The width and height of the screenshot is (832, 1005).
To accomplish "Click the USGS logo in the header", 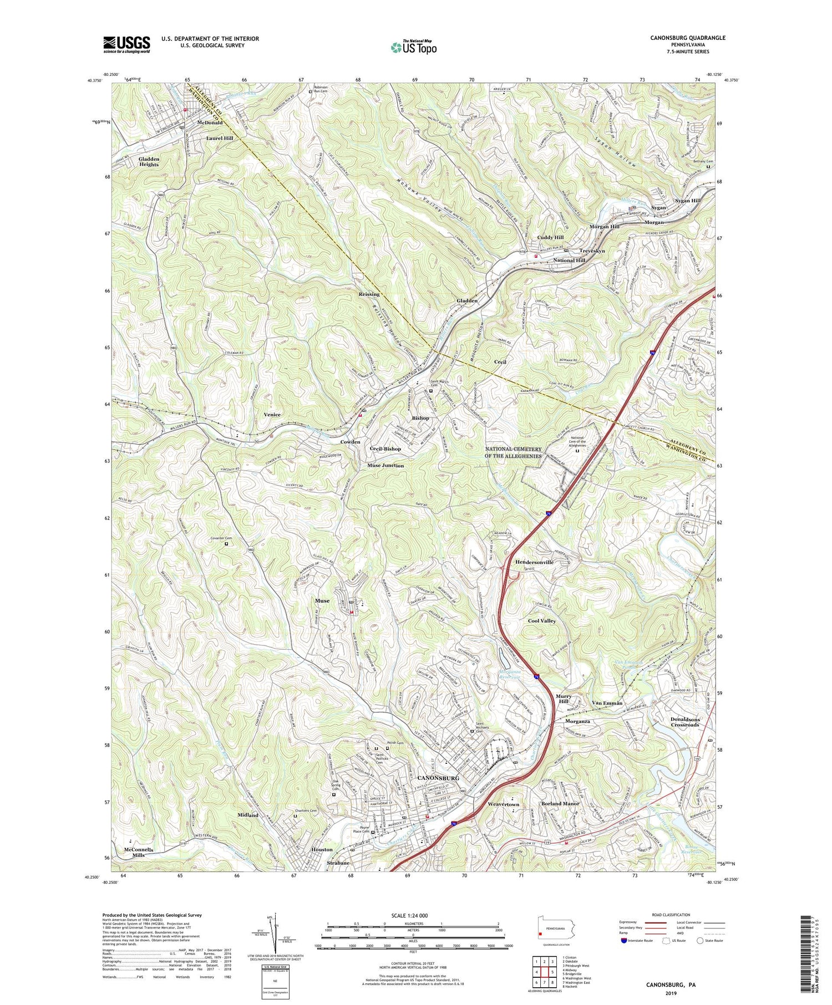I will pyautogui.click(x=126, y=44).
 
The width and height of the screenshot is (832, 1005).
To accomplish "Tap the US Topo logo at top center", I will pyautogui.click(x=413, y=48).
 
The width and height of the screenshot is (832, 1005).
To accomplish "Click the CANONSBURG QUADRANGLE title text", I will pyautogui.click(x=688, y=38).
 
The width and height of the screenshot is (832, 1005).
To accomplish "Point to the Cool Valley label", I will pyautogui.click(x=542, y=621).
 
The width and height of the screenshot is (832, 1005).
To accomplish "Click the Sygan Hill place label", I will pyautogui.click(x=688, y=201).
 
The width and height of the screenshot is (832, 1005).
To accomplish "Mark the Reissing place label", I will pyautogui.click(x=369, y=294).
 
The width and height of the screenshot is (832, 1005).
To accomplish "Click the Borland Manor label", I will pyautogui.click(x=560, y=804).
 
